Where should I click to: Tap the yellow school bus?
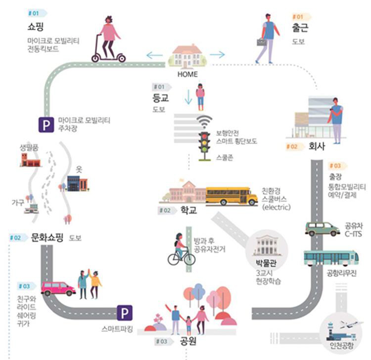tap(231, 196)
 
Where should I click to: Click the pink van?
tap(57, 288)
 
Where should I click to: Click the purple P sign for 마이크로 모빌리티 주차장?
tap(46, 124)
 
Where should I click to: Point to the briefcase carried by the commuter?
tap(261, 42)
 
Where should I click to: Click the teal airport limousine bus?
tap(331, 258)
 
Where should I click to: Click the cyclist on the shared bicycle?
tap(180, 249)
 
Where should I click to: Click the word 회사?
tap(317, 147)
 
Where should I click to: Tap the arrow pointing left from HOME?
tap(154, 54)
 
